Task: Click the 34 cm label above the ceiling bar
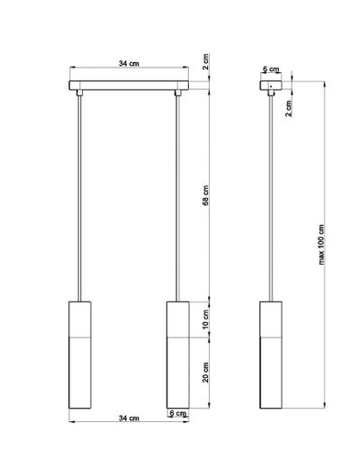[x=129, y=64]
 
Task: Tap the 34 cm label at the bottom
[x=129, y=418]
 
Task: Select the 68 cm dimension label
[x=205, y=195]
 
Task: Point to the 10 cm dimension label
[x=205, y=319]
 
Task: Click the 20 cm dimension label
[x=205, y=373]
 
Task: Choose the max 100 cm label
[x=321, y=245]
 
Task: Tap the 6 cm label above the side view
[x=271, y=69]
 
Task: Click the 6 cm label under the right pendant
[x=177, y=413]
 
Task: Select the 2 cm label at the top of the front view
[x=205, y=62]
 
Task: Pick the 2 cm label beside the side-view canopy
[x=288, y=108]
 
